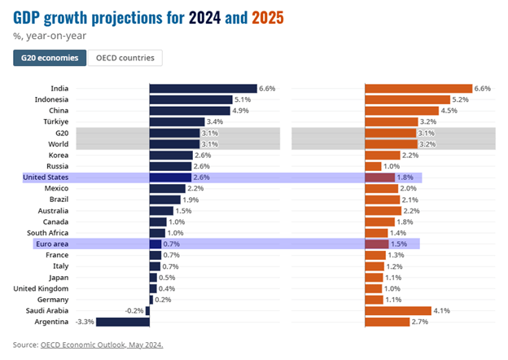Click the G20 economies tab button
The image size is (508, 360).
coord(50,58)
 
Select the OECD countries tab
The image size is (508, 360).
coord(127,58)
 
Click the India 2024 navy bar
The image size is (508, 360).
coord(203,88)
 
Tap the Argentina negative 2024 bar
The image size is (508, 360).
coord(122,322)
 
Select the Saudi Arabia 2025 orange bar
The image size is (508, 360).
coord(398,310)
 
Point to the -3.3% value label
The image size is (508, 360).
coord(85,322)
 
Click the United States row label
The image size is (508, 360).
coord(46,177)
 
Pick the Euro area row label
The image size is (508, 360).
coord(51,244)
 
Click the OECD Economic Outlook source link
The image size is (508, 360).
coord(102,345)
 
